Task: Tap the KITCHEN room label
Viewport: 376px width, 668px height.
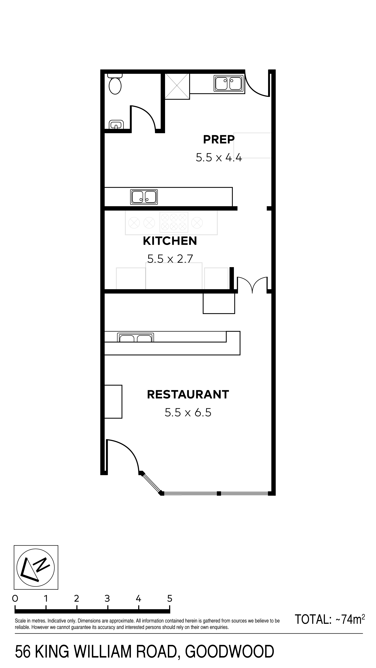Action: [170, 241]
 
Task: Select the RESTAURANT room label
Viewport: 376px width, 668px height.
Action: [188, 394]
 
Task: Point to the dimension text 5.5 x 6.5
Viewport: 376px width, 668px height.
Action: [188, 412]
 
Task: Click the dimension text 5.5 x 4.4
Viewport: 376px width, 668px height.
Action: [219, 157]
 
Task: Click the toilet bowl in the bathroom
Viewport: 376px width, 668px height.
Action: [115, 84]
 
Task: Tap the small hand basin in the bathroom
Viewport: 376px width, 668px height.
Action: [116, 125]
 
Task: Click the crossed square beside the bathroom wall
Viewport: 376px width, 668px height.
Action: [177, 86]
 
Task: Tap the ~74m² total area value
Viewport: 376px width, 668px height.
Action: [350, 620]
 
